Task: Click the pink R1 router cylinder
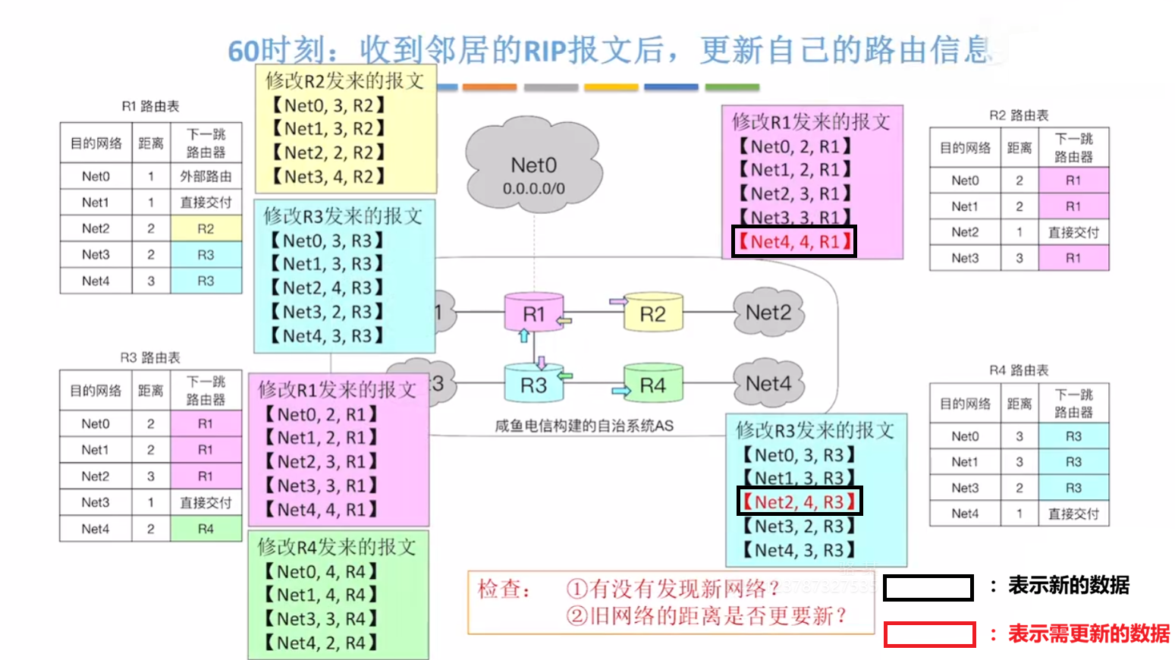click(534, 313)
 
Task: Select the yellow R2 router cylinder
click(652, 313)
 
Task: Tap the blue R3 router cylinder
click(533, 385)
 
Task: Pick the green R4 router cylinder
click(652, 385)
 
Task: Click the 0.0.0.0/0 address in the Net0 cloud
click(533, 189)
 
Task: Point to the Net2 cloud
click(768, 313)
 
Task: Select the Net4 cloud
click(768, 384)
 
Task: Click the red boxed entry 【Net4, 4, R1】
click(794, 241)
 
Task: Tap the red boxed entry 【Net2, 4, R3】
click(800, 501)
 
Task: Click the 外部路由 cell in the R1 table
click(206, 176)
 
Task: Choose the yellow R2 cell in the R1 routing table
click(206, 228)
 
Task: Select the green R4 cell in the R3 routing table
click(206, 529)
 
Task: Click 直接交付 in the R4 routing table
click(1073, 514)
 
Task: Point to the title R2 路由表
click(1019, 115)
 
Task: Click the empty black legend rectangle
click(928, 588)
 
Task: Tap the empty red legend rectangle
click(929, 634)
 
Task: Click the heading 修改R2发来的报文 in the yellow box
click(344, 80)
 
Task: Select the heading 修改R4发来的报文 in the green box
click(337, 546)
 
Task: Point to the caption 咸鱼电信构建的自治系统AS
click(583, 426)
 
